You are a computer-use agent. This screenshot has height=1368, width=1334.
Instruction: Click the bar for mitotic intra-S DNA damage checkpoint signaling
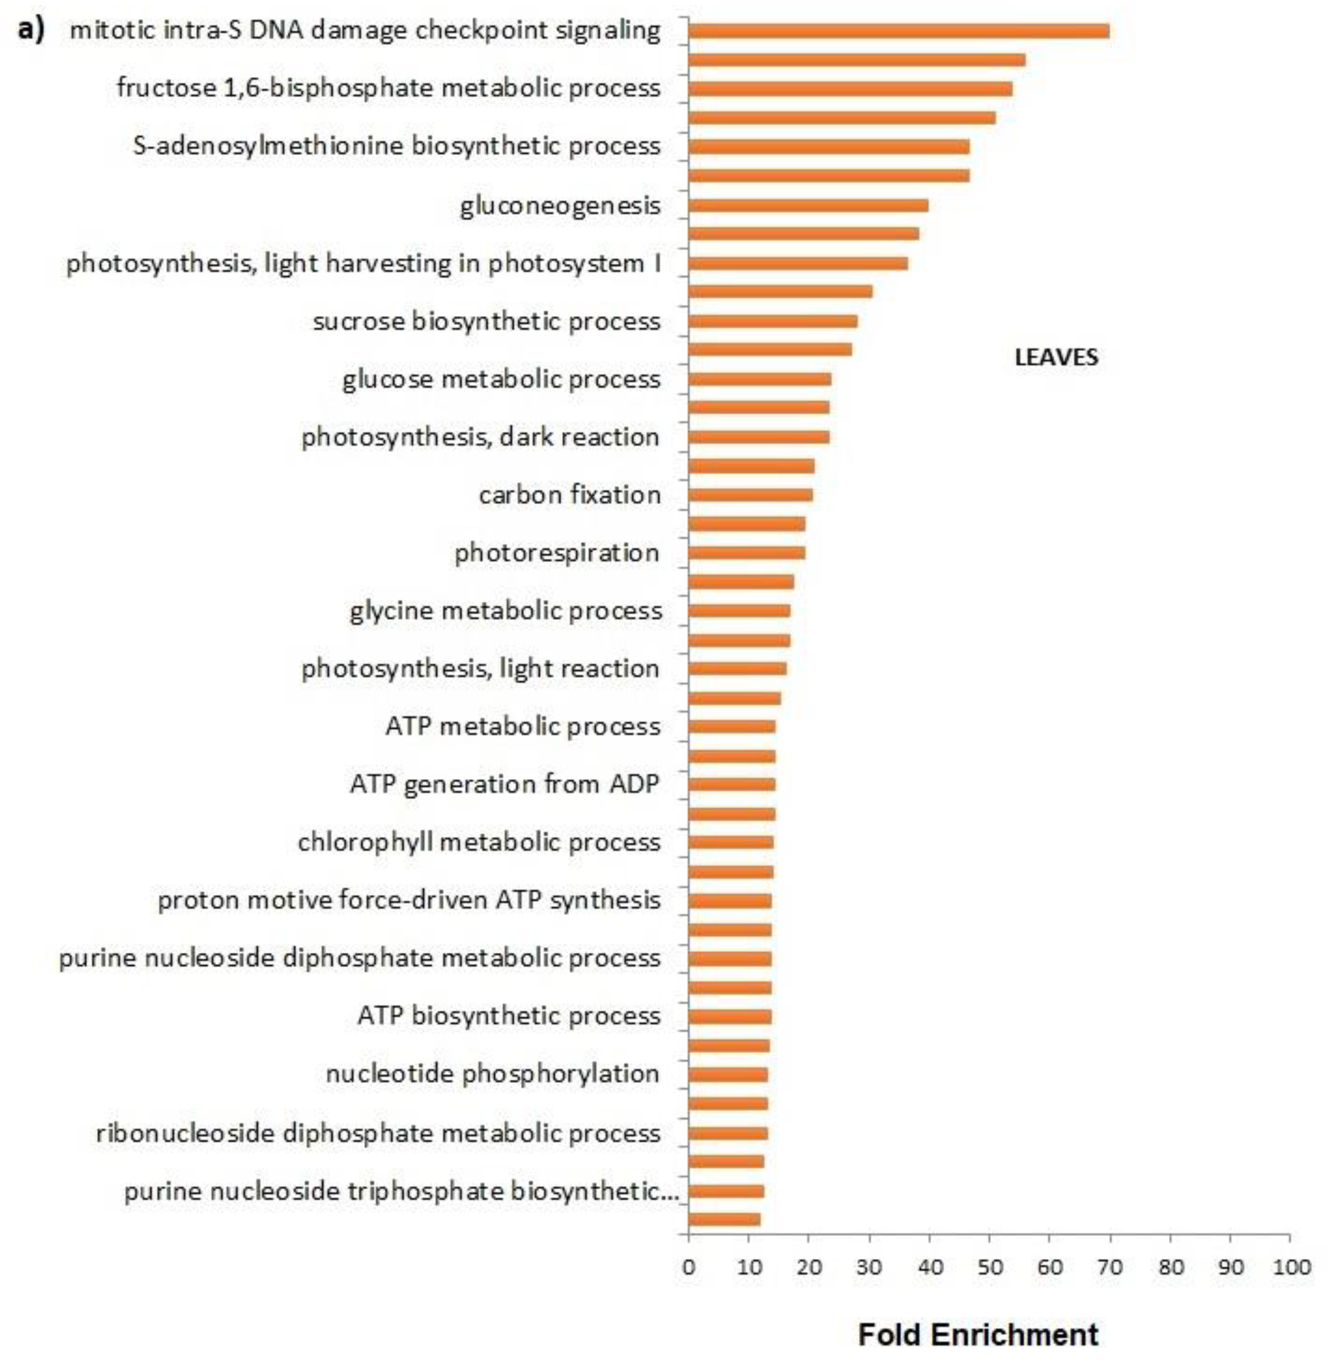[x=898, y=31]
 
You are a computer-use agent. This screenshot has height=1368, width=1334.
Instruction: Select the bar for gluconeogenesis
[x=808, y=205]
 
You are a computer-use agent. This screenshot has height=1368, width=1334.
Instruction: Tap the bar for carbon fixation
[x=750, y=495]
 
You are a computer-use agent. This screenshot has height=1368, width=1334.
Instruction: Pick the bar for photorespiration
[x=746, y=553]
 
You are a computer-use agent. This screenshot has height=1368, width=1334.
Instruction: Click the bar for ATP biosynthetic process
[x=729, y=1016]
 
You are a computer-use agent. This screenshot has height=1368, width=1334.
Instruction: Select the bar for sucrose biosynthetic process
[x=773, y=321]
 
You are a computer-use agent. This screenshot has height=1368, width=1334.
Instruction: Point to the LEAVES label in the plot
[x=1056, y=357]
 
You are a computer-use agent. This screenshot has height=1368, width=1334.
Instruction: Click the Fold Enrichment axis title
[x=978, y=1335]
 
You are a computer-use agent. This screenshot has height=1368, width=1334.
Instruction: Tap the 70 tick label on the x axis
[x=1110, y=1267]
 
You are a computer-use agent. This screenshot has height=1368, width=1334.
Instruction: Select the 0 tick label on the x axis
[x=689, y=1267]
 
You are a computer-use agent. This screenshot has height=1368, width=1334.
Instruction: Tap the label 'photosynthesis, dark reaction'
[x=481, y=437]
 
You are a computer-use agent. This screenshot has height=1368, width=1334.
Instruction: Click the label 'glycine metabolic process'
[x=506, y=611]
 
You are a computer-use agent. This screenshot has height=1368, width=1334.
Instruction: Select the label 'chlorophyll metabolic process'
[x=479, y=842]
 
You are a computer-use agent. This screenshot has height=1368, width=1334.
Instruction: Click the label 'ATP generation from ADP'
[x=504, y=784]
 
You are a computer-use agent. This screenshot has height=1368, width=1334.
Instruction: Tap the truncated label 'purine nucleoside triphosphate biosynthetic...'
[x=401, y=1191]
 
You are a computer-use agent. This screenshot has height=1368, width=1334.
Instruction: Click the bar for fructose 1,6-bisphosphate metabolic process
[x=850, y=89]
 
